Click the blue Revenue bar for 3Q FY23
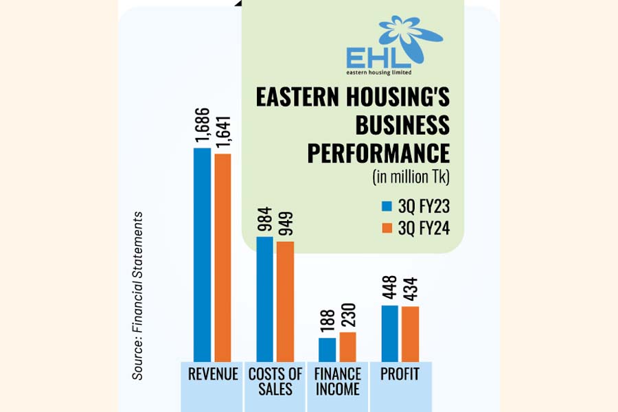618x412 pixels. pos(202,254)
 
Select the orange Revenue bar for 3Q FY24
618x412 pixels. pos(222,257)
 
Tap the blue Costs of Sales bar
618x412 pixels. pos(264,299)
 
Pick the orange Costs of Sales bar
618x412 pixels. pos(285,301)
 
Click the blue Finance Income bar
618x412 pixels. pos(328,350)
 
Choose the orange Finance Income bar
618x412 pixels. pos(348,347)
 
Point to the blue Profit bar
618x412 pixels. pos(389,333)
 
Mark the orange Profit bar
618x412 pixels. pos(410,334)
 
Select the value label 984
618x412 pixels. pos(265,220)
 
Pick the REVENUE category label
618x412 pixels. pos(213,375)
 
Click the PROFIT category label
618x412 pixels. pos(400,375)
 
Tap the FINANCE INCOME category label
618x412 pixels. pos(338,382)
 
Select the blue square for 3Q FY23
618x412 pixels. pos(386,206)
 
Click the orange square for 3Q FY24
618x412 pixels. pos(386,228)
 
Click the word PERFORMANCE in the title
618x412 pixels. pos(378,153)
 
